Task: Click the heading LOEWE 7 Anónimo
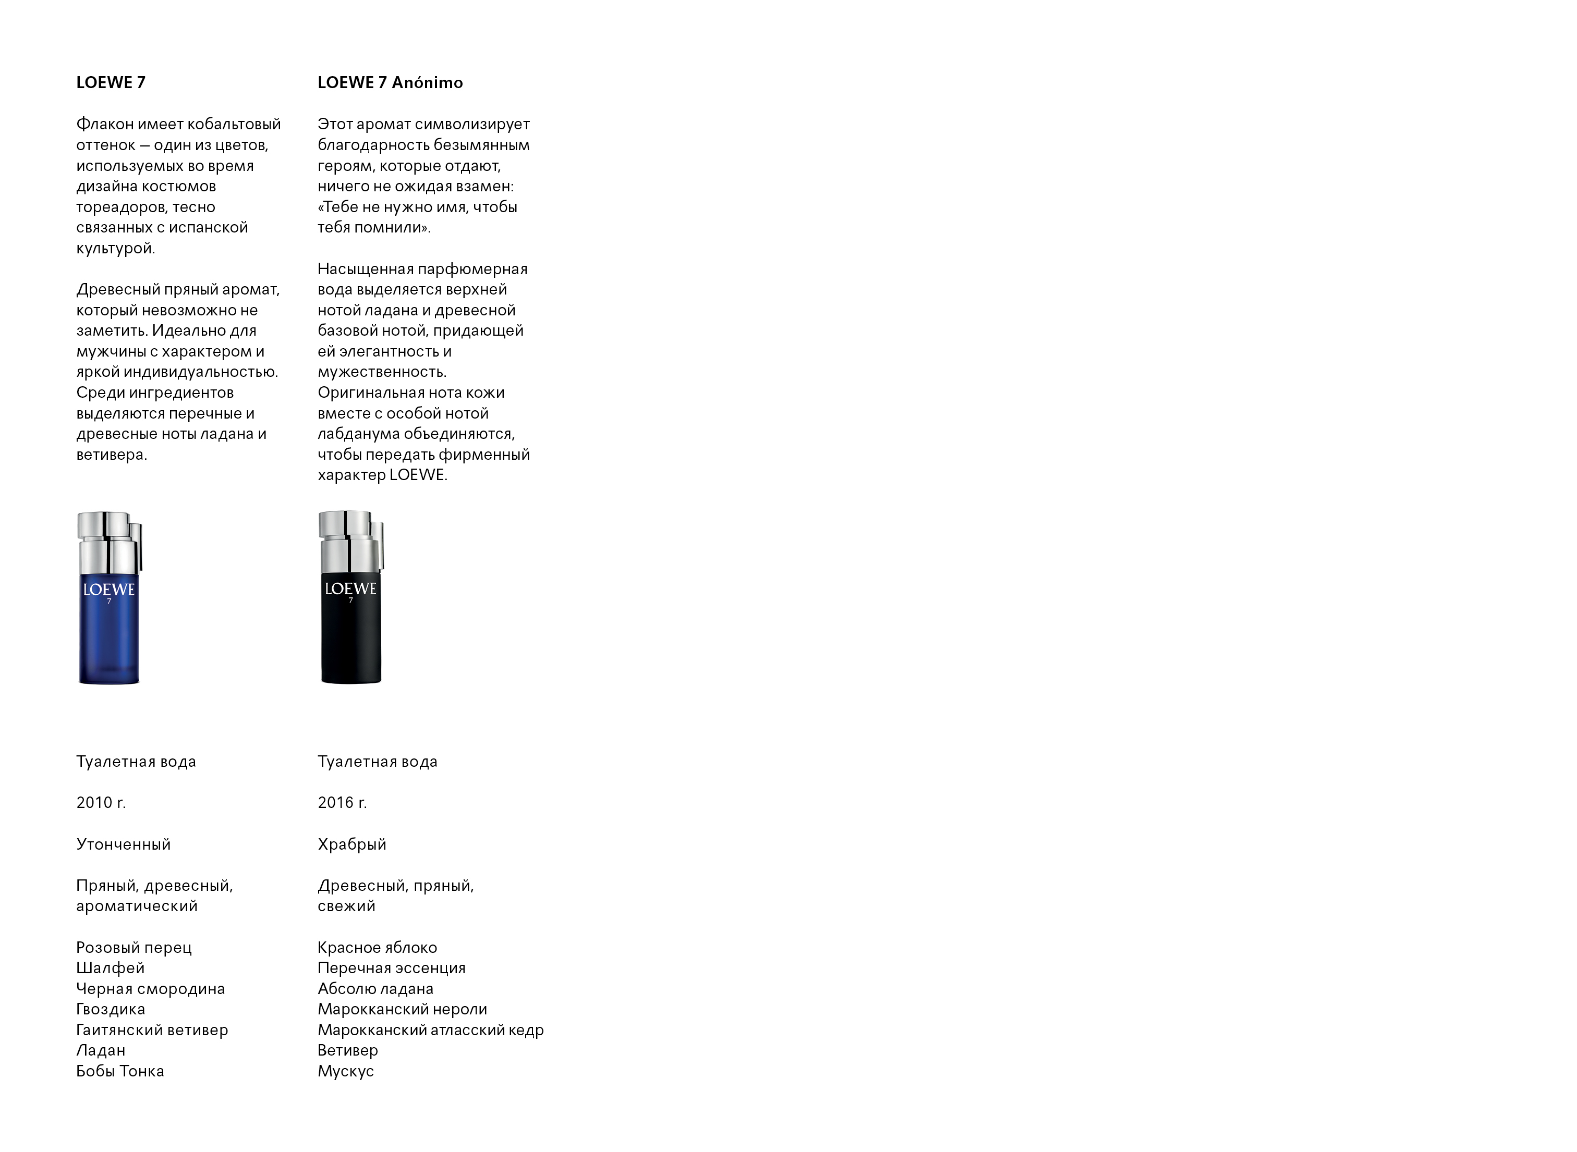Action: (x=390, y=82)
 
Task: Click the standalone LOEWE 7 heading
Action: (x=111, y=82)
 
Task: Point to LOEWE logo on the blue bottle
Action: (x=109, y=590)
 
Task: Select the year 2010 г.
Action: (x=101, y=803)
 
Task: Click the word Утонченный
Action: (x=124, y=844)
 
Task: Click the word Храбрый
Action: (x=351, y=844)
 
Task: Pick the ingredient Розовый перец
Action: (x=134, y=948)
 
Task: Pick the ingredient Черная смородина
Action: (x=151, y=989)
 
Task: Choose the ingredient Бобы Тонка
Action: (x=120, y=1071)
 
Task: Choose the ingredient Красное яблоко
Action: (x=378, y=948)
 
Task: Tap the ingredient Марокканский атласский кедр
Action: (x=430, y=1030)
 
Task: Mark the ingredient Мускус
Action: (x=346, y=1071)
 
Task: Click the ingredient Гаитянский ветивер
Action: (x=152, y=1030)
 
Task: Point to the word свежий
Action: (x=347, y=906)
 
